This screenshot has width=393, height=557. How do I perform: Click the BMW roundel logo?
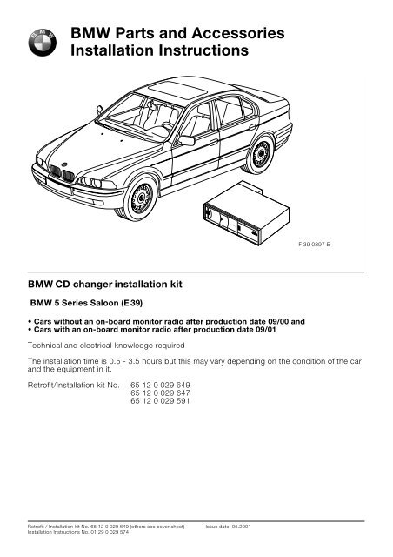(42, 38)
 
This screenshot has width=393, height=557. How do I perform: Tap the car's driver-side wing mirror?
(185, 140)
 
